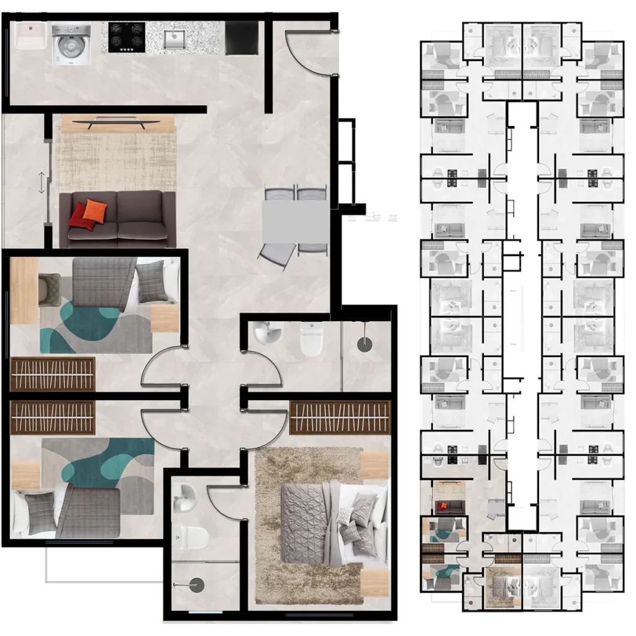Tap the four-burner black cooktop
127,37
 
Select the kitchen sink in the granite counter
175,39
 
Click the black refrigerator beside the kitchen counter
241,39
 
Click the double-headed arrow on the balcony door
42,183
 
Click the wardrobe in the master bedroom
339,417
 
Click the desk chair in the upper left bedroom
49,290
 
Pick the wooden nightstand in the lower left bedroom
25,475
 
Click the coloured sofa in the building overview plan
443,506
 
